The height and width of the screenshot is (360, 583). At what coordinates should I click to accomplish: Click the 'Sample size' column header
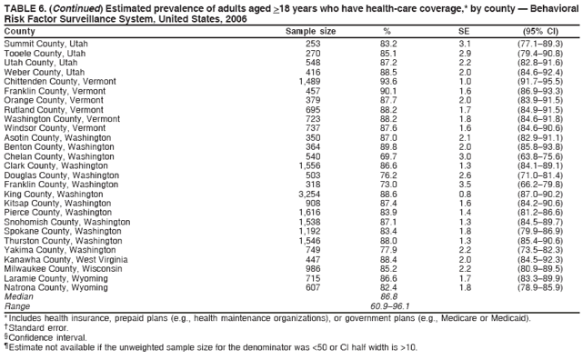(x=310, y=31)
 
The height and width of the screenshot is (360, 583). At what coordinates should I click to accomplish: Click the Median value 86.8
(x=388, y=296)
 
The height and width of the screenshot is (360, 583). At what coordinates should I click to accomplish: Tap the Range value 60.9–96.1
(x=388, y=305)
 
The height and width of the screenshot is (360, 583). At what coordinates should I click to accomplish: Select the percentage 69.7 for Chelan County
(x=388, y=156)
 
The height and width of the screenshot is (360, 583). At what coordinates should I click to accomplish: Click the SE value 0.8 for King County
(x=464, y=194)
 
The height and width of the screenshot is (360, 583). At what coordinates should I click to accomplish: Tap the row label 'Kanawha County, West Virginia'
(x=64, y=259)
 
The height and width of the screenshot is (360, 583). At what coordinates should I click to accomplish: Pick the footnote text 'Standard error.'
(x=39, y=328)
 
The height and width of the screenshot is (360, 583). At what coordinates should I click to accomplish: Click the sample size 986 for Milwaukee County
(x=313, y=269)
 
